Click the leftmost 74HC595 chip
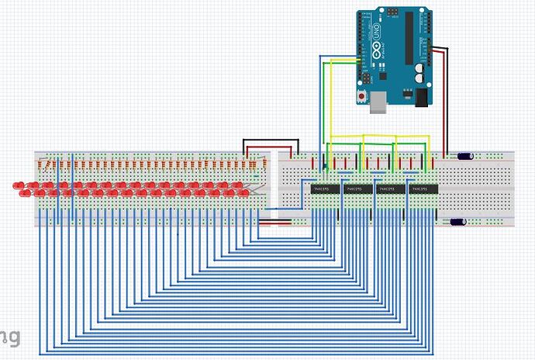pyautogui.click(x=323, y=189)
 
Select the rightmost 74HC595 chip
pyautogui.click(x=423, y=189)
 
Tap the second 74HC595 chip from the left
pyautogui.click(x=356, y=189)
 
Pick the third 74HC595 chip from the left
pyautogui.click(x=389, y=189)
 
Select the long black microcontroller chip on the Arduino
pyautogui.click(x=408, y=39)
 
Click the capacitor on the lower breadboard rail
pyautogui.click(x=458, y=222)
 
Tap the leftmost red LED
pyautogui.click(x=18, y=185)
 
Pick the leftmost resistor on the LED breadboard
pyautogui.click(x=43, y=166)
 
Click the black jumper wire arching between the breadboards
pyautogui.click(x=271, y=141)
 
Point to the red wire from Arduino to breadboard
pyautogui.click(x=445, y=101)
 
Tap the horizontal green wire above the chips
pyautogui.click(x=378, y=144)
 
